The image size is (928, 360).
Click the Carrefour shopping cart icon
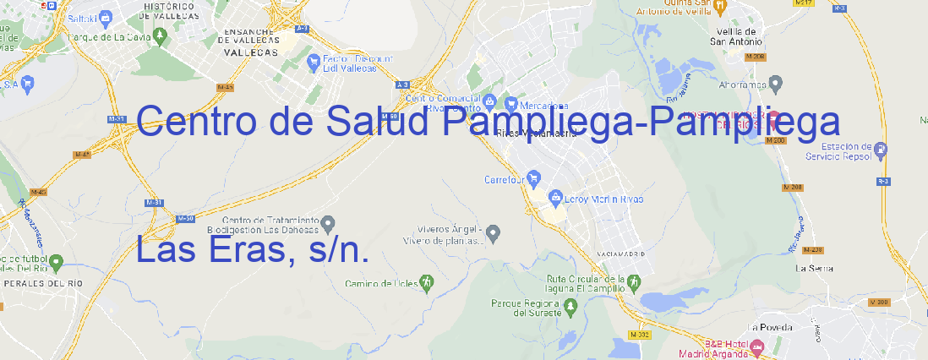[x=534, y=179]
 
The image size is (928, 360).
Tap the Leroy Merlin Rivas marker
[x=555, y=199]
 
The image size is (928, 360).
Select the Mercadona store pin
[x=511, y=105]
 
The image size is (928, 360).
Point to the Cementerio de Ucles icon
[x=428, y=281]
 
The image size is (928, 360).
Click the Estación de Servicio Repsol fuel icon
[x=882, y=150]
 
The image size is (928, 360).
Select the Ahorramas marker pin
[x=776, y=83]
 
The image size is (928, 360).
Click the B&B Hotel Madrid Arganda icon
[x=757, y=347]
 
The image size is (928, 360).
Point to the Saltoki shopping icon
[x=105, y=16]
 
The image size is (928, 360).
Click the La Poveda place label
[x=770, y=327]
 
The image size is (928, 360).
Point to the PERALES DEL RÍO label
[x=42, y=284]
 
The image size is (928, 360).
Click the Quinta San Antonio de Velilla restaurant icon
[x=719, y=7]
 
